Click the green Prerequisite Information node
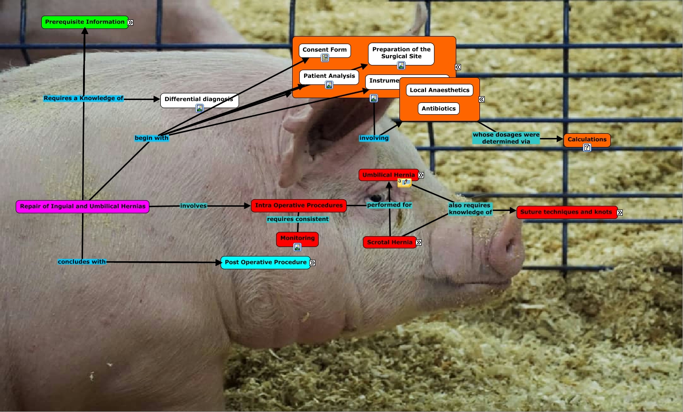coord(84,22)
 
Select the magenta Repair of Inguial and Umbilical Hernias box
coord(83,207)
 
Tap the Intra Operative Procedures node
coord(299,206)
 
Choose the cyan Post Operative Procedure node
coord(266,263)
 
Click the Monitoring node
coord(297,238)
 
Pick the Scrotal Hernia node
coord(389,243)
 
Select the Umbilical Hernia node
coord(388,175)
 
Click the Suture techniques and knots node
coord(566,212)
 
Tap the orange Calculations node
coord(587,140)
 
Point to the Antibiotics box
coord(439,109)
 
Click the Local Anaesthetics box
coord(440,90)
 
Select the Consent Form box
coord(325,50)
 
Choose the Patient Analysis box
coord(329,76)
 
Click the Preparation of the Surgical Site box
coord(401,53)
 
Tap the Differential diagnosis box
coord(199,100)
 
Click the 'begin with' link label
coord(151,138)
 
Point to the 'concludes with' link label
coord(82,262)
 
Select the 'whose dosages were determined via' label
coord(506,138)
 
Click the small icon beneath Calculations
coord(587,148)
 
